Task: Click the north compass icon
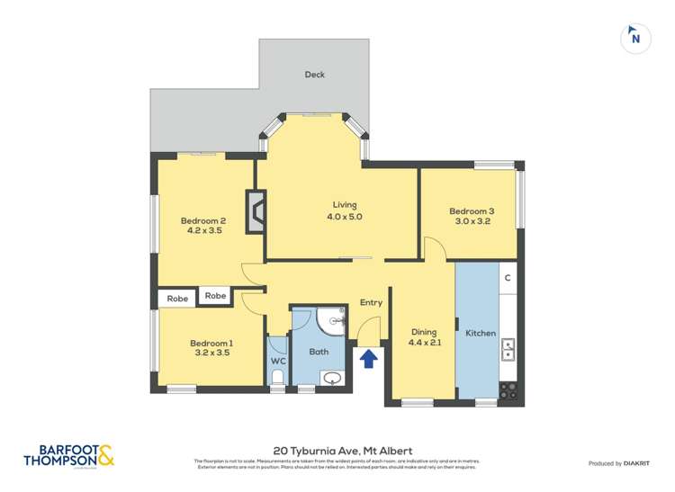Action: (x=635, y=37)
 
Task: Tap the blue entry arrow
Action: (x=368, y=360)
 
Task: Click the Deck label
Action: (x=314, y=75)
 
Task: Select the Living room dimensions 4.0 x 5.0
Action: (x=345, y=217)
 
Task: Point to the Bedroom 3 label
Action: (x=472, y=211)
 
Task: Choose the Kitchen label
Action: (x=481, y=334)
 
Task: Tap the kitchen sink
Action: (x=508, y=347)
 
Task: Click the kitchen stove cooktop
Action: (x=508, y=390)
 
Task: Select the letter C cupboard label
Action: (x=508, y=278)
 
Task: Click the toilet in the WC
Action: (x=278, y=377)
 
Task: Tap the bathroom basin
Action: (x=332, y=379)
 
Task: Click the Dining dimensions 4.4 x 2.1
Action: (x=424, y=342)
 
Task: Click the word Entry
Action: (x=371, y=303)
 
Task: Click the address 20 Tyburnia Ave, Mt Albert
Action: (x=337, y=452)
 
